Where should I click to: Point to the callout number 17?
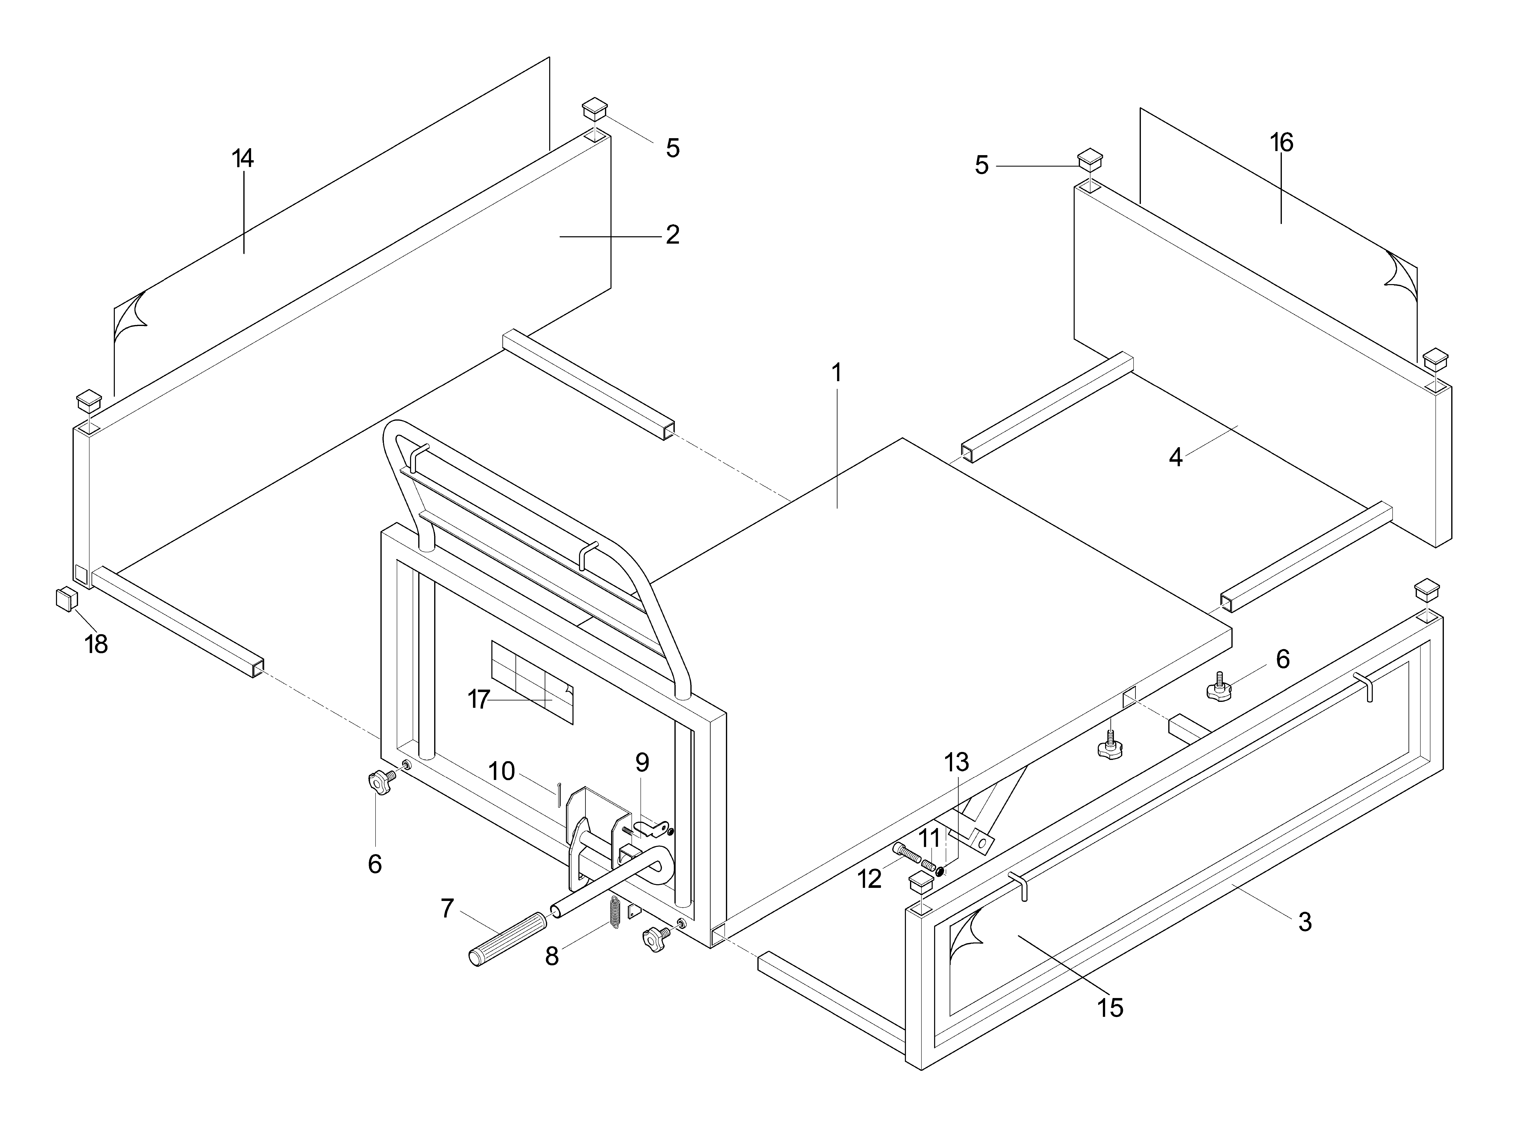[x=479, y=699]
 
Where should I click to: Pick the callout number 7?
[x=447, y=908]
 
